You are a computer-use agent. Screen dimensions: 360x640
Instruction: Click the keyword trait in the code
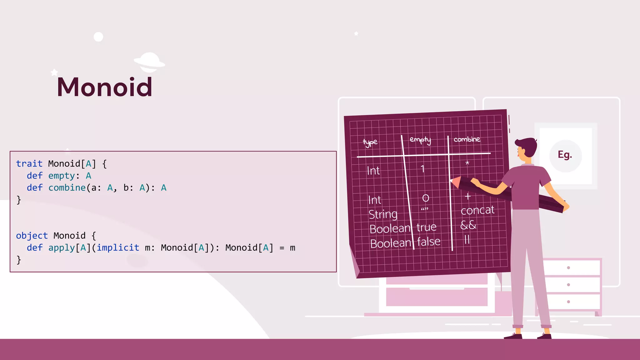click(29, 163)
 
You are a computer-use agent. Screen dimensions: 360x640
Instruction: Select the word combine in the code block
click(67, 187)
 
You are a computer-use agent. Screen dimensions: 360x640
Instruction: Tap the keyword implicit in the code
click(118, 247)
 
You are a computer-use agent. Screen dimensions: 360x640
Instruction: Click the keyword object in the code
click(32, 235)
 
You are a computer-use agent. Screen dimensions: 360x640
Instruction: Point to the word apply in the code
click(62, 247)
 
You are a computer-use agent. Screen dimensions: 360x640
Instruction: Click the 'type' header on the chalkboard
click(370, 142)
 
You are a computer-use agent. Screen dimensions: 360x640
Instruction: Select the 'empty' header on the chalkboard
click(420, 140)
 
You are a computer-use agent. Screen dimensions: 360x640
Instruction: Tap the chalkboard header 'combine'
click(467, 139)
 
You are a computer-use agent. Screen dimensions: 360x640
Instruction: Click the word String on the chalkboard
click(383, 214)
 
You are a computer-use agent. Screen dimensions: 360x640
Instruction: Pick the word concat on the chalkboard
click(477, 210)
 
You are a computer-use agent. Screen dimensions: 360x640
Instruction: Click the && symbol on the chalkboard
click(468, 225)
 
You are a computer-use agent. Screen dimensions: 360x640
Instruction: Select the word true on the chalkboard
click(426, 227)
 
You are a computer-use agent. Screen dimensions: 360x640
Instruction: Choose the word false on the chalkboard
click(428, 242)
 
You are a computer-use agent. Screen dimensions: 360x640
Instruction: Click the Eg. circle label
click(565, 155)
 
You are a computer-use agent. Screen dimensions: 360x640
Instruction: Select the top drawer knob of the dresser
click(568, 267)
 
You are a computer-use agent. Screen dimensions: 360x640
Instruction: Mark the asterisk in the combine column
click(467, 163)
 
